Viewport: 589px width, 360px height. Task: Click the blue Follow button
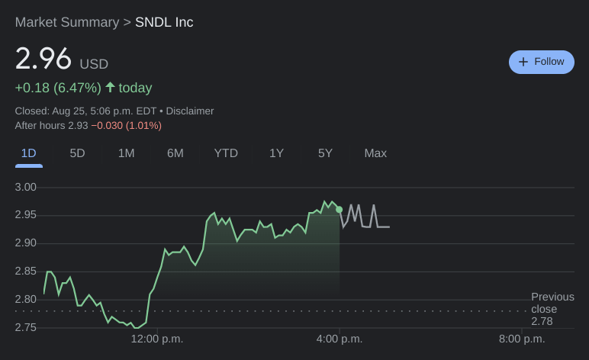coord(542,62)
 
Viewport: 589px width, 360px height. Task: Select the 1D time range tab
coord(29,153)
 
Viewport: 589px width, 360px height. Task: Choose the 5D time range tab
coord(77,153)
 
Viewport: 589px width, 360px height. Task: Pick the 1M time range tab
coord(126,153)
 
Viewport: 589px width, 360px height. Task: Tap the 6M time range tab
coord(175,153)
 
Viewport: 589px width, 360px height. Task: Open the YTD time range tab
coord(226,153)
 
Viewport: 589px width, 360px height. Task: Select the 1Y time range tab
coord(276,153)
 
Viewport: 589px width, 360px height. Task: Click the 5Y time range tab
coord(325,153)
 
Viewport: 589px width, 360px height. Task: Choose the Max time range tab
coord(375,153)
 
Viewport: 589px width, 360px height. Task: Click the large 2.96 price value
coord(43,59)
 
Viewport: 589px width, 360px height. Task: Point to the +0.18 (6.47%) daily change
coord(58,88)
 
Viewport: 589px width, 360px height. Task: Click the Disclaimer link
coord(190,111)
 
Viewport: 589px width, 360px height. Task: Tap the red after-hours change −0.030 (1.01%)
coord(127,125)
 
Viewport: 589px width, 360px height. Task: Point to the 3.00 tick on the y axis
coord(26,187)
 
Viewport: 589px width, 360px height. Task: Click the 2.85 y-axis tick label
coord(26,271)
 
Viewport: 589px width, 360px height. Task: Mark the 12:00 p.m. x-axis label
coord(157,339)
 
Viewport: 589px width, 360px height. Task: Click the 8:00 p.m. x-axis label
coord(522,339)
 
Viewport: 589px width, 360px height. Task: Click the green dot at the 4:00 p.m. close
coord(339,209)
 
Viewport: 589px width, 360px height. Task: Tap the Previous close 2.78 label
coord(552,309)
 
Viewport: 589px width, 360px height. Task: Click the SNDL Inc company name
coord(164,22)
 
